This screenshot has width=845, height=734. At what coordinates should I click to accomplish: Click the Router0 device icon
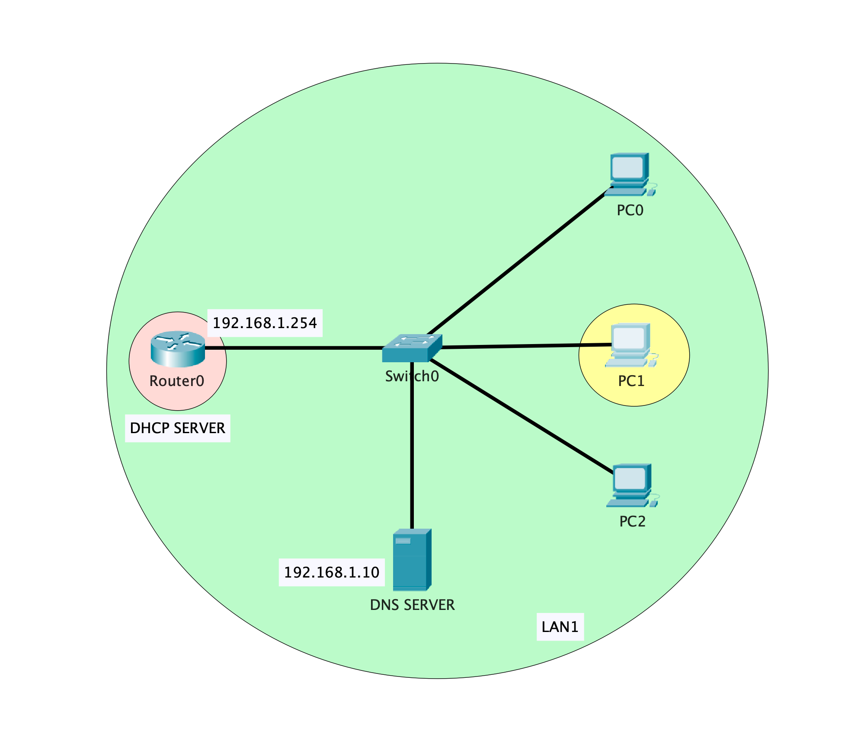(177, 349)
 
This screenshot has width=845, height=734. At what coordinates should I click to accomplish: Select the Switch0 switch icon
(412, 348)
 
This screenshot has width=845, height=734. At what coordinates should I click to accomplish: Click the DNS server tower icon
(412, 559)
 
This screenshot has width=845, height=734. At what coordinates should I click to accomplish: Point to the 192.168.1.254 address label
(265, 323)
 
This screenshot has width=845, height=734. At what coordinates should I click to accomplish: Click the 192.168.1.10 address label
(332, 572)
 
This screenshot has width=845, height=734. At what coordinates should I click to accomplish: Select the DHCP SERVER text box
(177, 428)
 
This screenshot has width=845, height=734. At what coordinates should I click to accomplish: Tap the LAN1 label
(560, 627)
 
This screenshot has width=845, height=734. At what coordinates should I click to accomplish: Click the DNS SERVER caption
(412, 605)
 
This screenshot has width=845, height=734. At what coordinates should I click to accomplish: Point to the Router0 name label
(176, 381)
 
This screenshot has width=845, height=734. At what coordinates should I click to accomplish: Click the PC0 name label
(630, 211)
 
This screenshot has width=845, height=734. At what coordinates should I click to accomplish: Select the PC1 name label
(631, 381)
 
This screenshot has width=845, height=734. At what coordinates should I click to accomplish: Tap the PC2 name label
(632, 521)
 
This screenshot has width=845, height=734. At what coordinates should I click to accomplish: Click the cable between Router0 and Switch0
(294, 348)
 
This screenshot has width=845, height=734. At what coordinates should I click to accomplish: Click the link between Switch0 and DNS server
(412, 454)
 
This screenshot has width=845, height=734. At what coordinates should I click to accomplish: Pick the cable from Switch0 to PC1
(525, 346)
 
